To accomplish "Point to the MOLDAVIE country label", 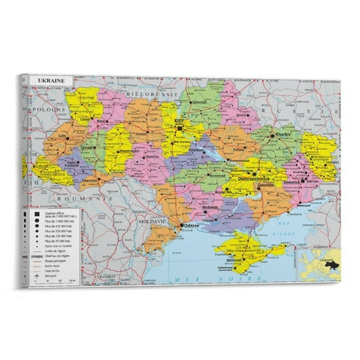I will (152, 221).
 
